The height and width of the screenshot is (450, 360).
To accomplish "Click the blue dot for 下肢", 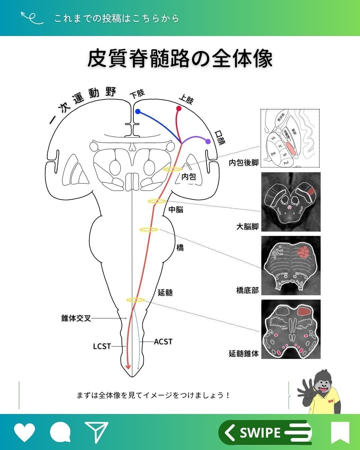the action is click(x=138, y=112).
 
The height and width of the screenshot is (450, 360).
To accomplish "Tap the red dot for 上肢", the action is click(x=179, y=108).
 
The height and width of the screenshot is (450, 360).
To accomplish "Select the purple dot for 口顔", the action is click(x=208, y=141).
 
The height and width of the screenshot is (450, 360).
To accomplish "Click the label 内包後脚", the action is click(x=244, y=163).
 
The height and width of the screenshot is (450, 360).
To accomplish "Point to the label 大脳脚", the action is click(x=247, y=227).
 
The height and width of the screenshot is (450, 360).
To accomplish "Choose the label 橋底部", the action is click(x=247, y=290).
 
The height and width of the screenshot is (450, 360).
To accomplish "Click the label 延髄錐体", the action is click(x=244, y=353).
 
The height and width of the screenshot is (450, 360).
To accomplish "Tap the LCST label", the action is click(x=102, y=346).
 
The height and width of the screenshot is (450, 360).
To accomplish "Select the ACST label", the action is click(x=163, y=342).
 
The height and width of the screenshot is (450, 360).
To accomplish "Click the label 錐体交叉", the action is click(x=76, y=318).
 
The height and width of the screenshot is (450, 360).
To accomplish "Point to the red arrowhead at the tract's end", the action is click(x=127, y=367).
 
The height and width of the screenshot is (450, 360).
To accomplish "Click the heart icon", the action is click(x=24, y=432).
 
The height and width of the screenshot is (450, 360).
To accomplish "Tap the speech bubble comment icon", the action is click(x=60, y=432).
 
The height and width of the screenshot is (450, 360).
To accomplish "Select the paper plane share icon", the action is click(x=96, y=432).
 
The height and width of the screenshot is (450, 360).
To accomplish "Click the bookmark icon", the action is click(x=340, y=432).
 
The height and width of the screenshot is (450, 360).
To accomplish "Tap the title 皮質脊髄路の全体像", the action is click(x=180, y=59).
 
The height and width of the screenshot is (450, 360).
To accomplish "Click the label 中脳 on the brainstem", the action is click(x=176, y=209).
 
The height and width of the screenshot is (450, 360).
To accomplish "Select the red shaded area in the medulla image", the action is click(x=304, y=312).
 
